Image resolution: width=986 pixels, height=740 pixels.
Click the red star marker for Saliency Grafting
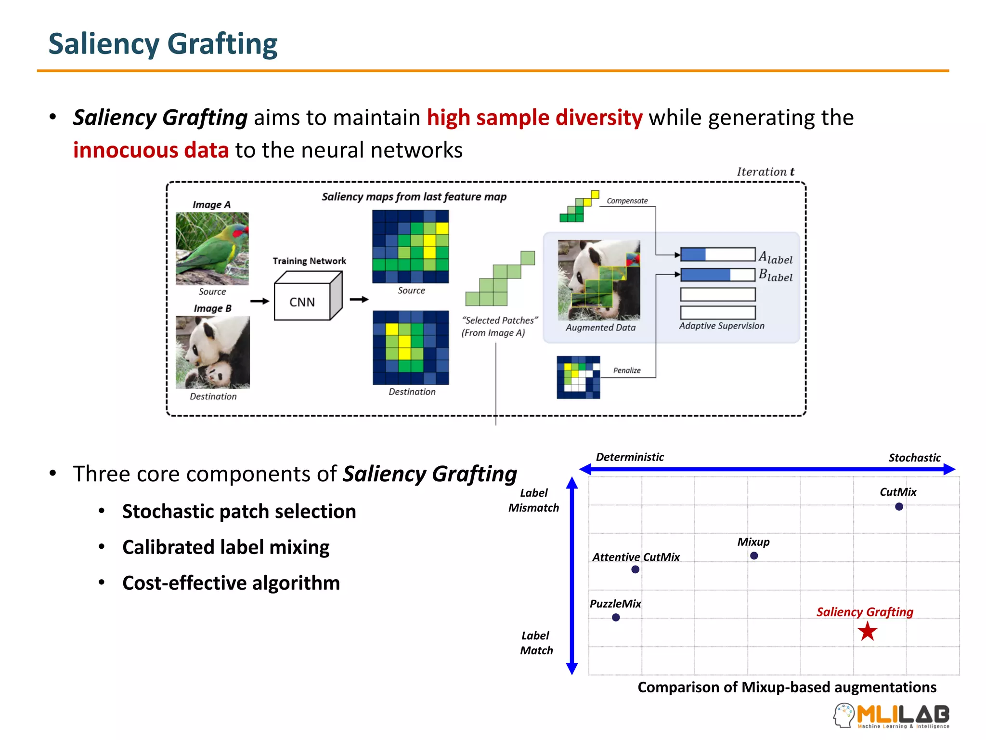tap(867, 631)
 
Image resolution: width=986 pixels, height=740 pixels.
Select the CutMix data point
tap(899, 506)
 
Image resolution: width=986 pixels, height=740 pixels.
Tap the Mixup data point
tap(754, 555)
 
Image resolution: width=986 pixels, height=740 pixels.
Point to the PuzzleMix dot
tap(616, 617)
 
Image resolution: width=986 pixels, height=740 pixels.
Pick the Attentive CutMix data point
tap(636, 569)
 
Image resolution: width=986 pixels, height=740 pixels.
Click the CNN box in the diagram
tap(302, 302)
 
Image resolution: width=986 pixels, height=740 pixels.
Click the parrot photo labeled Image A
tap(212, 248)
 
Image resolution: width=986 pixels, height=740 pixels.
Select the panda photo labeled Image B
tap(213, 352)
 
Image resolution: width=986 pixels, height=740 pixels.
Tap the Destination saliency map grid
tap(411, 347)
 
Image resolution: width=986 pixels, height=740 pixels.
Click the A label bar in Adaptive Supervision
tap(717, 254)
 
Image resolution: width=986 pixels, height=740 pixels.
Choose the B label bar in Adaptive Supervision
tap(717, 275)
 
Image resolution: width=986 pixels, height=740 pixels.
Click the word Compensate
tap(627, 201)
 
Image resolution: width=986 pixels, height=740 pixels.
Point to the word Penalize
tap(627, 370)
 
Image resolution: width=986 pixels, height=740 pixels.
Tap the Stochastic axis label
tap(914, 458)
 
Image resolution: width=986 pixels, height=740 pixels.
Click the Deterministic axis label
tap(630, 457)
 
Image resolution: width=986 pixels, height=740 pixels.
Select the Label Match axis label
tap(536, 643)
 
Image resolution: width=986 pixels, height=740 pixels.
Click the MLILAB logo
tap(892, 715)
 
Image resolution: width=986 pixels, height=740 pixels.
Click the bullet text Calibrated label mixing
tap(226, 547)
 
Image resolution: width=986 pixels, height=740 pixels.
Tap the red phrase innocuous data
tap(151, 150)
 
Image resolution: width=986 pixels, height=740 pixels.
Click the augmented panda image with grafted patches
tap(599, 280)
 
